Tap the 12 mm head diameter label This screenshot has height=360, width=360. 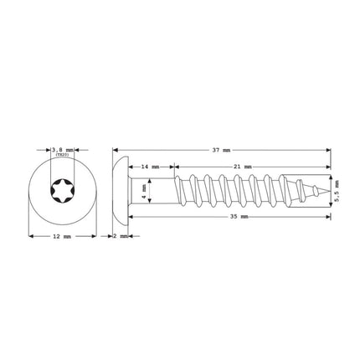(60, 237)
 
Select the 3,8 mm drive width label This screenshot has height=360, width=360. (60, 147)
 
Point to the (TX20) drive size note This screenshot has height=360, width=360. (60, 154)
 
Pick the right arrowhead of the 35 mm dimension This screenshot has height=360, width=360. (327, 217)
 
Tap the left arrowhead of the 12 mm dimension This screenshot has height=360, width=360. (31, 237)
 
